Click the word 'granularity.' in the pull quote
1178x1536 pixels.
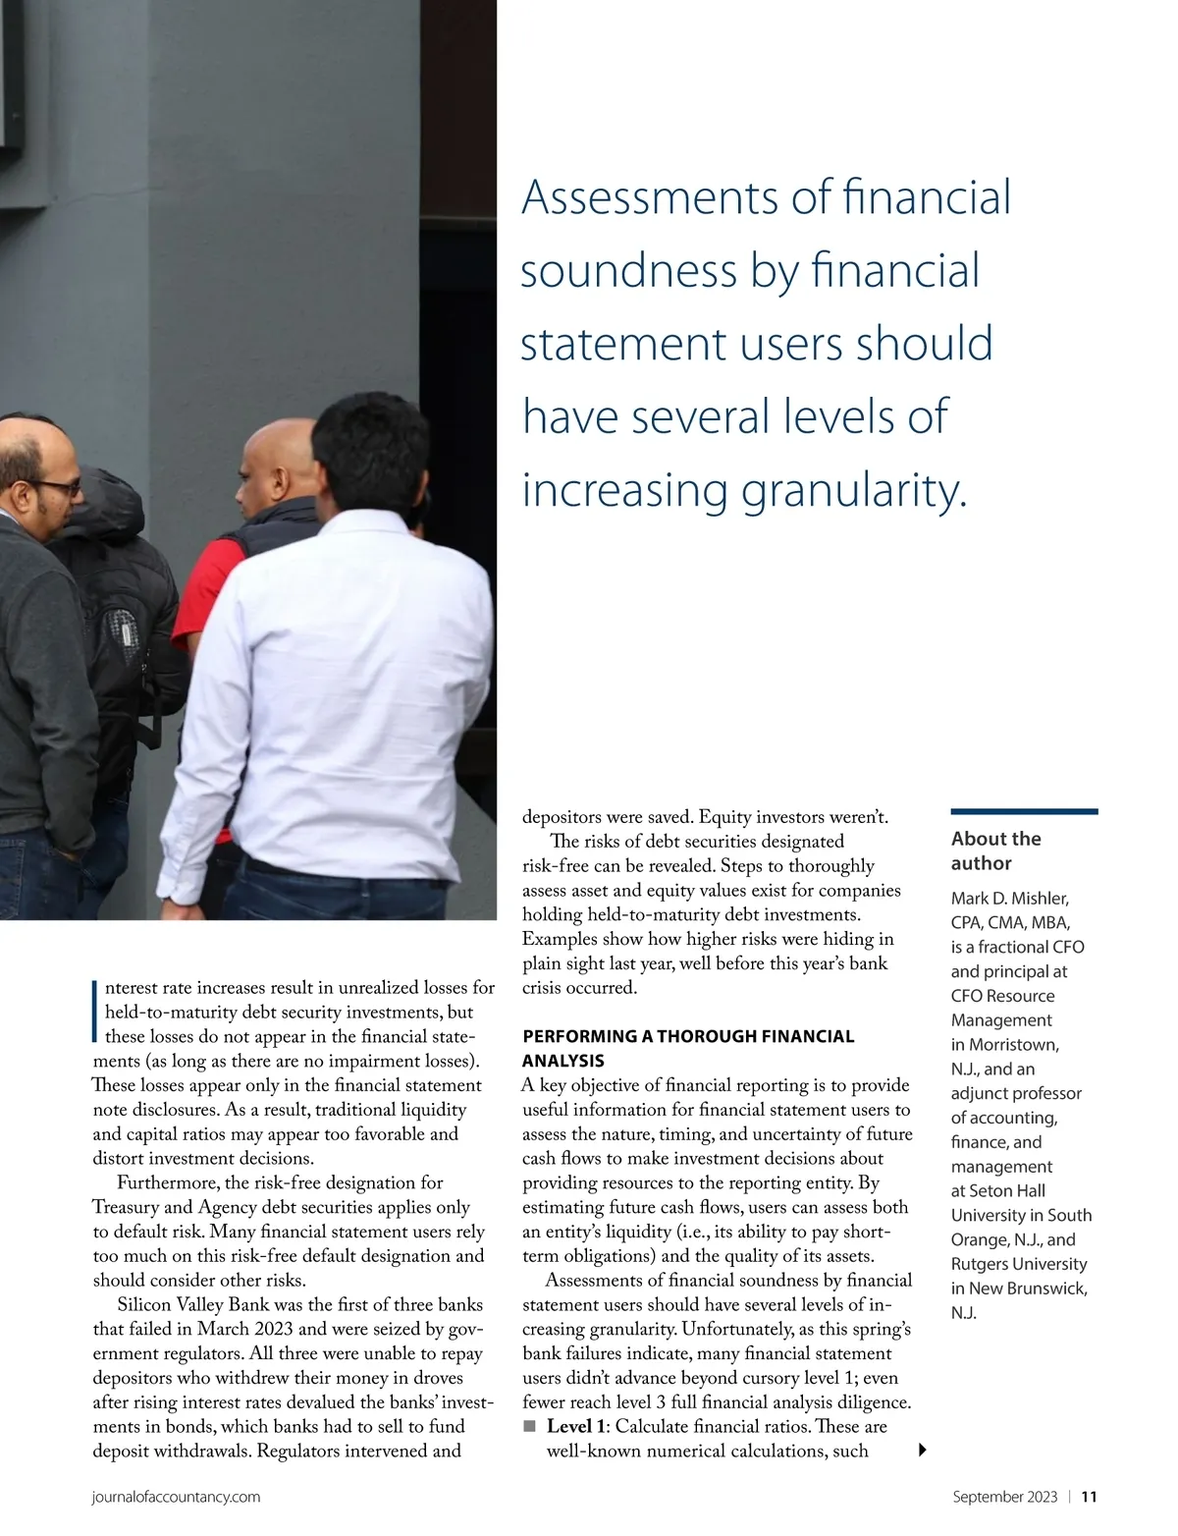point(853,491)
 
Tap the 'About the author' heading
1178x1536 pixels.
point(995,850)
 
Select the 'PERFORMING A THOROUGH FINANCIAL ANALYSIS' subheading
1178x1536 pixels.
point(687,1048)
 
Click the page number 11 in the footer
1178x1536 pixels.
point(1089,1497)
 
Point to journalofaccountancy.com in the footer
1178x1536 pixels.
point(176,1497)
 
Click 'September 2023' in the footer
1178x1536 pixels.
point(1004,1497)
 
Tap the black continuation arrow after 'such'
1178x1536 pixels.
point(922,1450)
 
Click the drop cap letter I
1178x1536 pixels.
point(96,1010)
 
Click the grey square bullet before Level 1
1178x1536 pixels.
point(530,1426)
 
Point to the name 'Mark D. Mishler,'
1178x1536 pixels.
point(1009,898)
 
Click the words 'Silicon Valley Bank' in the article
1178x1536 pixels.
point(192,1304)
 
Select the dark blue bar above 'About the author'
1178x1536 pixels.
point(1024,811)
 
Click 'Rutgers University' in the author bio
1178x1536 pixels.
point(1019,1264)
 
